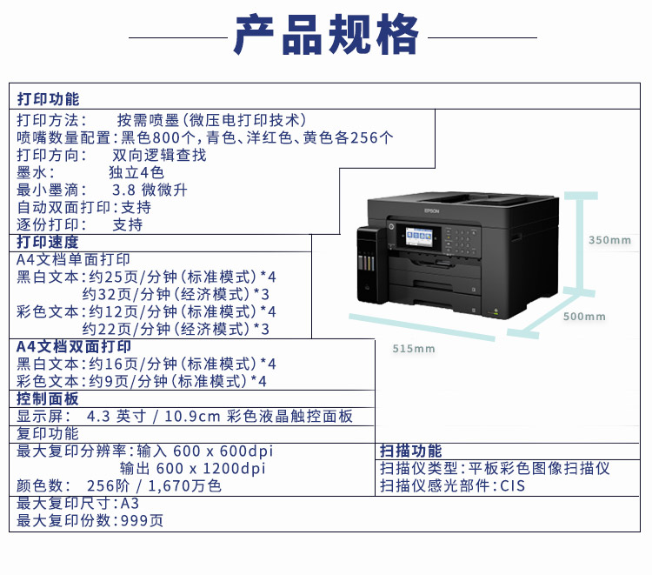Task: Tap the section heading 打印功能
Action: pyautogui.click(x=48, y=99)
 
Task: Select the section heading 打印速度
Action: pyautogui.click(x=48, y=242)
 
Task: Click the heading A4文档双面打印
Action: pyautogui.click(x=74, y=346)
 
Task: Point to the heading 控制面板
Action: pyautogui.click(x=48, y=398)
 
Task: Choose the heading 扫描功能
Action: pyautogui.click(x=410, y=451)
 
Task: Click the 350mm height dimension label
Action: pyautogui.click(x=609, y=240)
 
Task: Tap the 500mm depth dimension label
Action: pyautogui.click(x=584, y=317)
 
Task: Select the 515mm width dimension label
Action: pyautogui.click(x=413, y=349)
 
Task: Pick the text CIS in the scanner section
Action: pyautogui.click(x=512, y=485)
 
